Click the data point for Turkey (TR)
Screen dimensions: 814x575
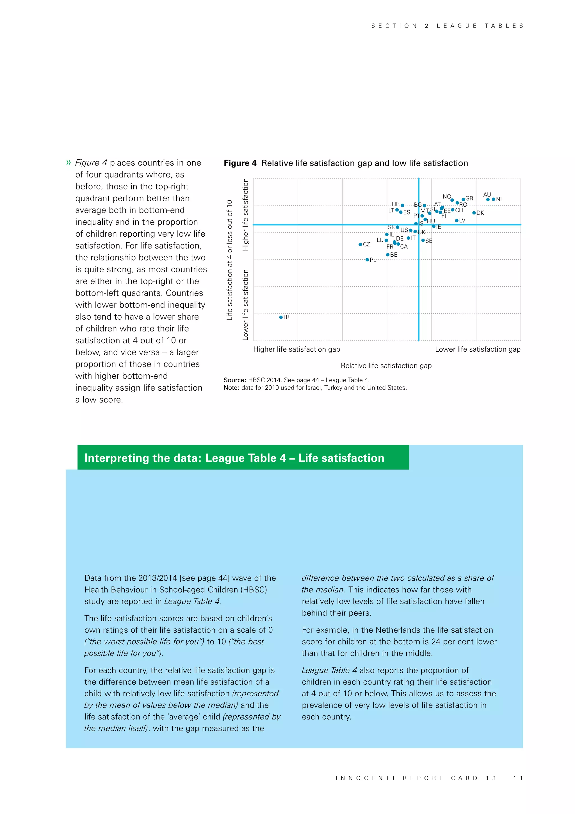281,317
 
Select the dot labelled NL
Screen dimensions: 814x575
494,199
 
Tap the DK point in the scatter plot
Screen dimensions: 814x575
474,213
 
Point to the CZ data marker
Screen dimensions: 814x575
360,244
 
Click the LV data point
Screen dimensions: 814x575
457,221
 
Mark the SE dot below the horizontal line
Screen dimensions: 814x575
423,240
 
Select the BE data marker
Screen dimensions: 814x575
388,255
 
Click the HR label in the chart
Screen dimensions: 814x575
396,204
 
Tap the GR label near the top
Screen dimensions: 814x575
469,198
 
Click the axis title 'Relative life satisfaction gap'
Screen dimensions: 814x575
386,365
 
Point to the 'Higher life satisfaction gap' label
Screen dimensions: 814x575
297,349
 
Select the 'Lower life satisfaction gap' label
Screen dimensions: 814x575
478,349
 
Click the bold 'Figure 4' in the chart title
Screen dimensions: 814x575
240,163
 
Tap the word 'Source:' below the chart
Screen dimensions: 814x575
234,380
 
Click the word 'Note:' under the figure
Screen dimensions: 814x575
232,388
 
